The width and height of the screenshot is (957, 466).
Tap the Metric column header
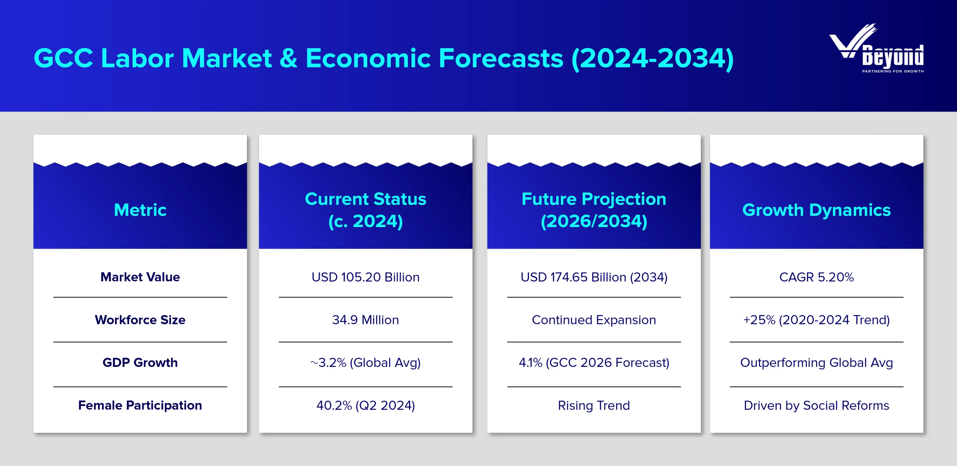click(x=140, y=210)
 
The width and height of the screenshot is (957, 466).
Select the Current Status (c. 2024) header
click(x=366, y=210)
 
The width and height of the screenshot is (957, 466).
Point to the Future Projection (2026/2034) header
click(x=594, y=210)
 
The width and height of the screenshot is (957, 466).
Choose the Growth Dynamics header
click(x=816, y=210)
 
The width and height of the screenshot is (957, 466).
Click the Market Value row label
click(x=140, y=277)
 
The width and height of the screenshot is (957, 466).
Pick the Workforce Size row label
click(x=140, y=320)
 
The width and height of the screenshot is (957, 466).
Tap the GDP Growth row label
click(x=140, y=362)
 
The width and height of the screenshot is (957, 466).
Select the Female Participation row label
click(x=140, y=405)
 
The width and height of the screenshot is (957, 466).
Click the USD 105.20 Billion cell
click(x=366, y=277)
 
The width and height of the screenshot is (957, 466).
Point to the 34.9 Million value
click(x=366, y=320)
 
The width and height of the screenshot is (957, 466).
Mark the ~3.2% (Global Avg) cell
click(x=366, y=363)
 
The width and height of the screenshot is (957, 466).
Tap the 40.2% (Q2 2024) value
click(x=366, y=405)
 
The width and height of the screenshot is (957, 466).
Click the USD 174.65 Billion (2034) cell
click(x=594, y=277)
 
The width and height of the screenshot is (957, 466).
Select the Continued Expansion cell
click(x=594, y=320)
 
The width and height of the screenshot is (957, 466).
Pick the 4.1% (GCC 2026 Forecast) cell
click(x=594, y=363)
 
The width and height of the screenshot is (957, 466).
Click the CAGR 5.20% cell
click(x=816, y=277)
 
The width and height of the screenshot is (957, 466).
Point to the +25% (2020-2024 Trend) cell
click(x=816, y=320)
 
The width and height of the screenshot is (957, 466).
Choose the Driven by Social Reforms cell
click(x=816, y=405)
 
